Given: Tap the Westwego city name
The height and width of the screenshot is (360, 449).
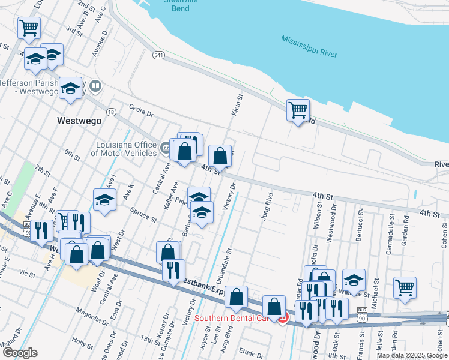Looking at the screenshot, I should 78,121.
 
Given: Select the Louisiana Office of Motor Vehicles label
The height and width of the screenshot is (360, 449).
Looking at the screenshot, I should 124,149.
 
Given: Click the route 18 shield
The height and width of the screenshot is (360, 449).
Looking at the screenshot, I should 111,112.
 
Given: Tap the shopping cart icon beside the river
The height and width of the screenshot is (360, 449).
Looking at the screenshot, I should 298,110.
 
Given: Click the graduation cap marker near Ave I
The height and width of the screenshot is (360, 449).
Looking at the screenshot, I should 104,200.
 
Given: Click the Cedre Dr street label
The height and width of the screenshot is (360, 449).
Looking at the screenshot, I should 142,111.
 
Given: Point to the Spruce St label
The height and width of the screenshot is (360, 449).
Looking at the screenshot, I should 144,215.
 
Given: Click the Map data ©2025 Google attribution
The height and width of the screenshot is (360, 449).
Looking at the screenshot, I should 412,355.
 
